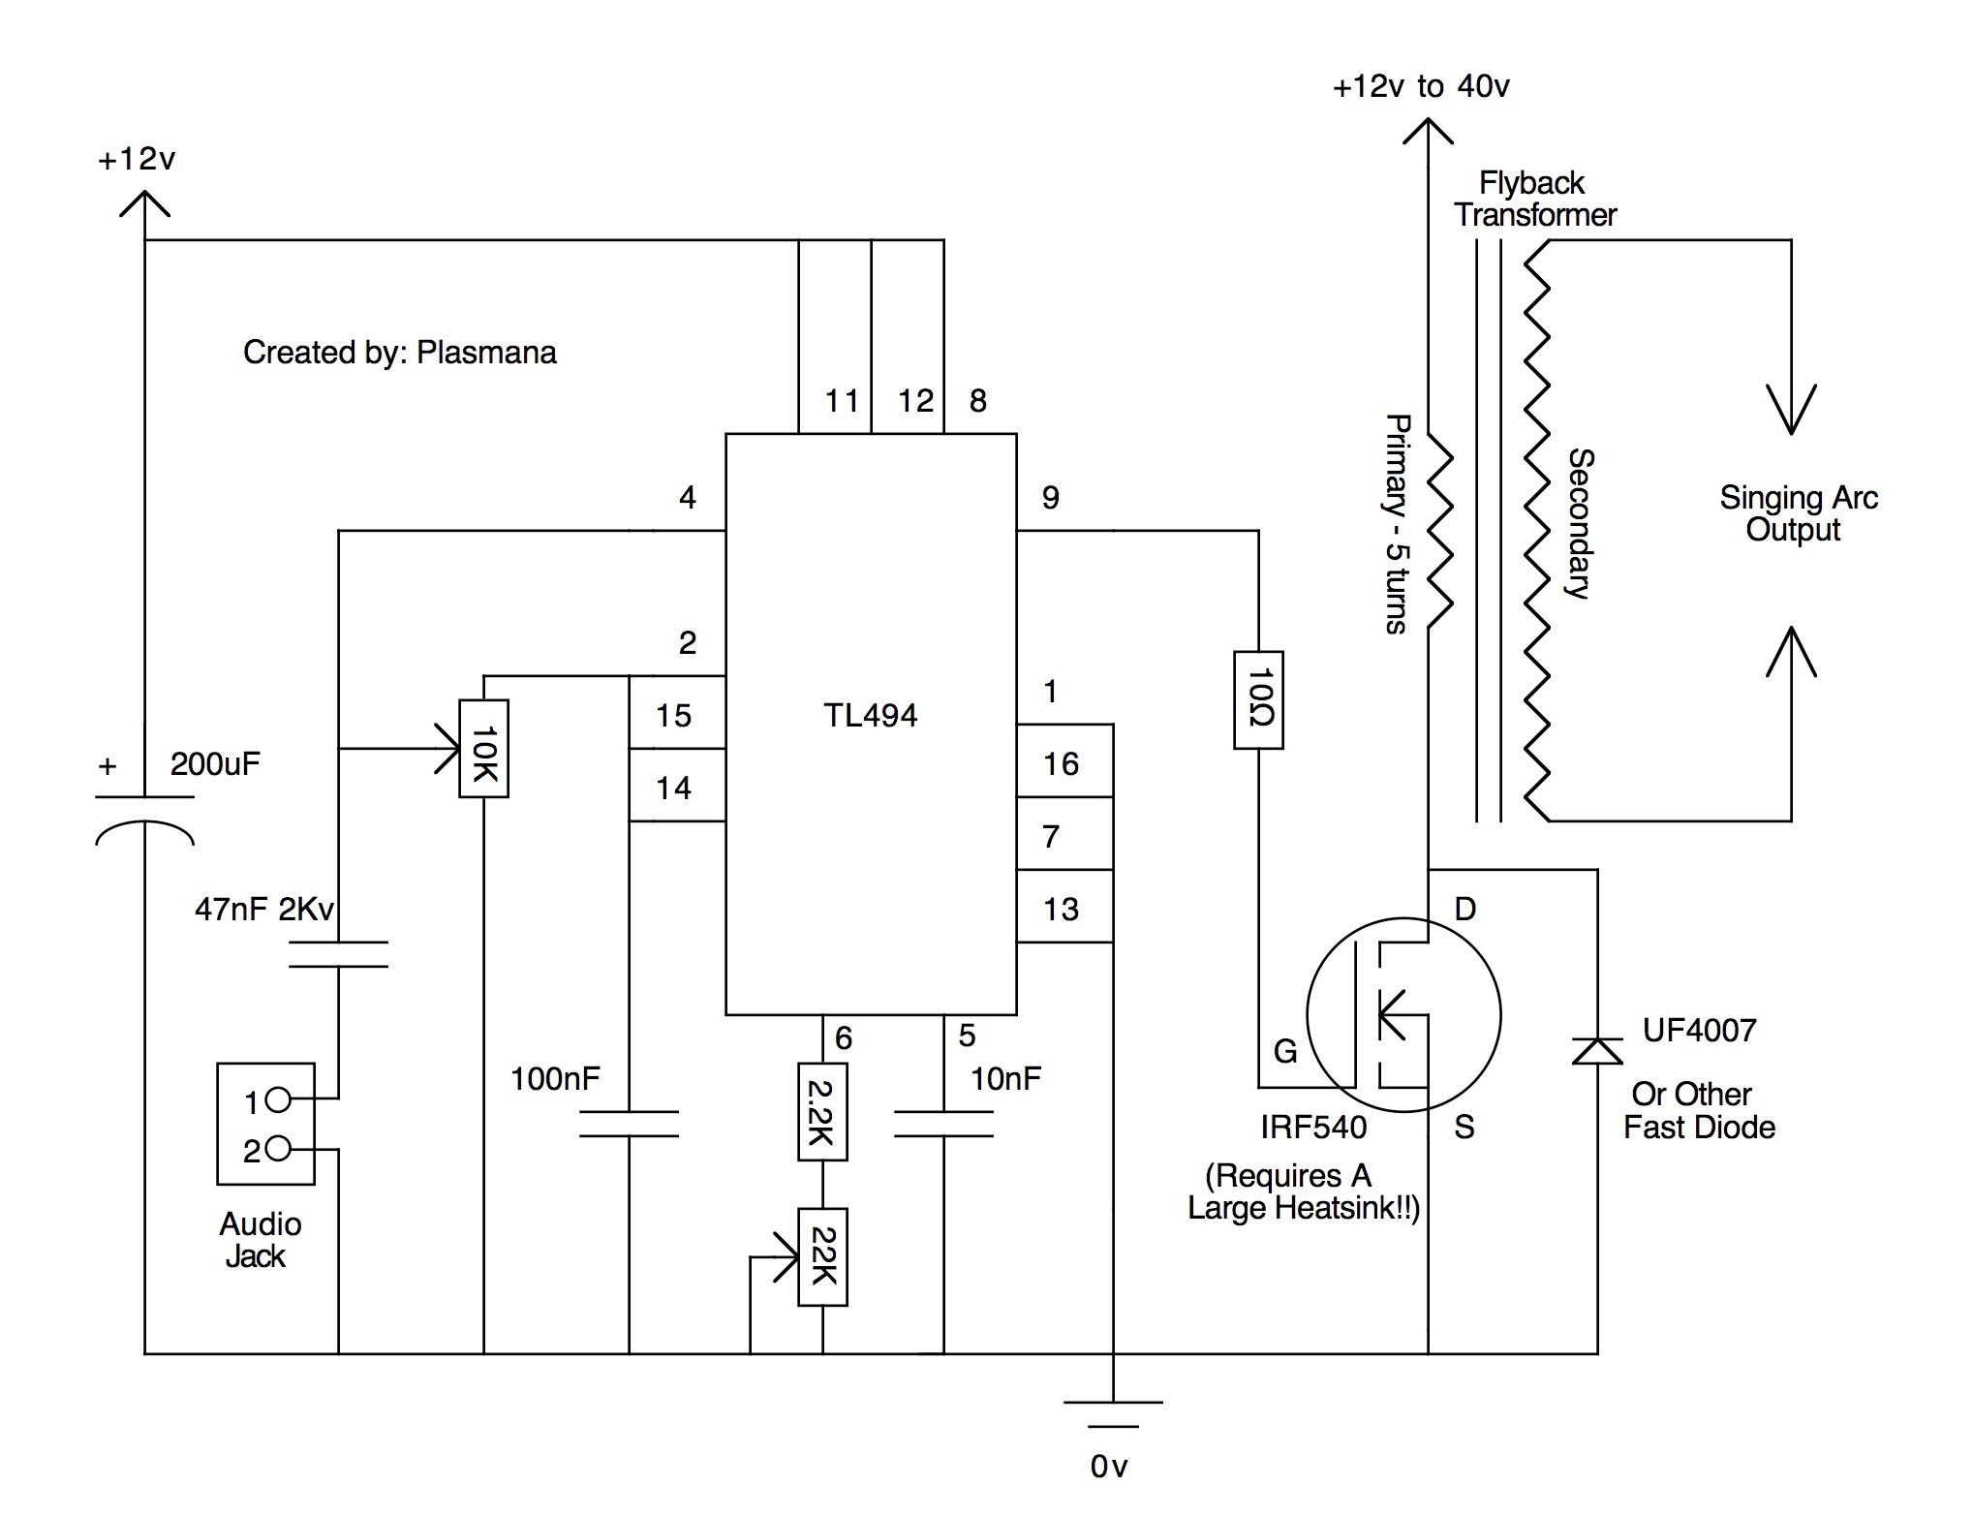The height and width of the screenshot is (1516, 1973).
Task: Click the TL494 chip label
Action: click(870, 716)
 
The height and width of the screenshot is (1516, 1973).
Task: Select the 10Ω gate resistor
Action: click(1258, 700)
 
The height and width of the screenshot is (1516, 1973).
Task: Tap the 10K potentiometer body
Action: click(483, 749)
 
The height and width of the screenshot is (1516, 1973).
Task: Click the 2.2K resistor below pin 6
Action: click(822, 1112)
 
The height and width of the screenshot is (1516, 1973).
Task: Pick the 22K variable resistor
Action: click(822, 1257)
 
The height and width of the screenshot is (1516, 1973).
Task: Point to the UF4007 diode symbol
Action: click(1597, 1051)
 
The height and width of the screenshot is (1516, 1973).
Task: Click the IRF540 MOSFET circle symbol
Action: click(1403, 1015)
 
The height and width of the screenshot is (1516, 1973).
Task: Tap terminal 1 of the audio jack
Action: click(277, 1099)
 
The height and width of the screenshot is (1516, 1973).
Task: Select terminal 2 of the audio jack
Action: click(277, 1149)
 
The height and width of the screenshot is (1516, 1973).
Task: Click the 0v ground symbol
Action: click(1113, 1414)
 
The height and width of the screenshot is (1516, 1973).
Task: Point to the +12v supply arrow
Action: click(144, 203)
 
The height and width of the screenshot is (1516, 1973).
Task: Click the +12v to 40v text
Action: click(1421, 87)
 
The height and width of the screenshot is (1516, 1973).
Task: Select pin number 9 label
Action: click(1050, 498)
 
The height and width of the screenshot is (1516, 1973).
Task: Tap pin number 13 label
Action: click(1061, 910)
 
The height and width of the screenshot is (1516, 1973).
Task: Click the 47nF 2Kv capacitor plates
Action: click(338, 954)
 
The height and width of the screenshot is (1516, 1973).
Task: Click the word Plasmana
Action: click(486, 353)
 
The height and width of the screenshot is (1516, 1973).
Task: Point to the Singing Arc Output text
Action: click(1798, 513)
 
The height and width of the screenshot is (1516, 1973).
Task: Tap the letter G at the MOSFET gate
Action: click(1284, 1051)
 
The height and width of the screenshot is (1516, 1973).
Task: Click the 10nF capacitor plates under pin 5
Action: click(943, 1124)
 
